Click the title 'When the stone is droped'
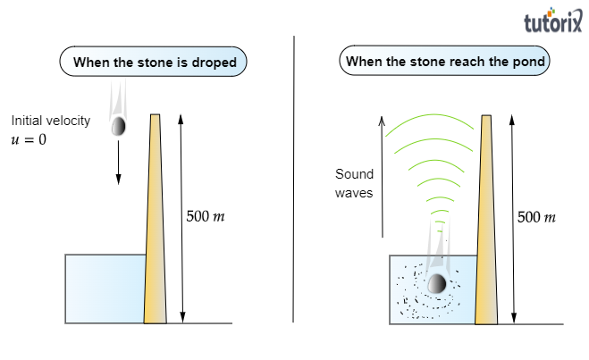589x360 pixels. [x=155, y=63]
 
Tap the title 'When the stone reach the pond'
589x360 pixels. [x=445, y=63]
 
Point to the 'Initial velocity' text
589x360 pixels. [x=51, y=121]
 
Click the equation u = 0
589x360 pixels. [x=29, y=139]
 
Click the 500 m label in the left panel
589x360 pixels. [x=207, y=216]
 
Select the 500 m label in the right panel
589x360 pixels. [x=537, y=216]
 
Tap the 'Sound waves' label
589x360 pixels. [x=354, y=182]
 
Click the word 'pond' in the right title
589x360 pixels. [x=528, y=63]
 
